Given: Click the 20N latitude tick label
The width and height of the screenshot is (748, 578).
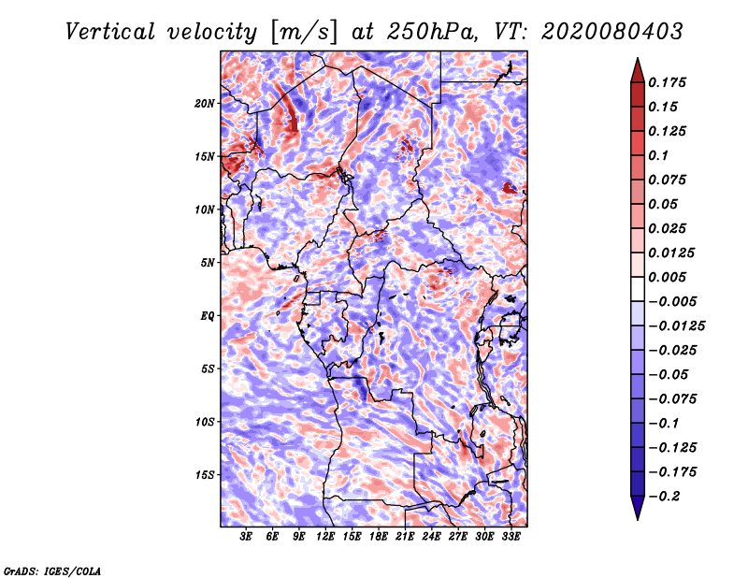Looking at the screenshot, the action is pyautogui.click(x=204, y=103).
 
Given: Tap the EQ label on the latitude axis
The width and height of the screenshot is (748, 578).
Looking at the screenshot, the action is pyautogui.click(x=208, y=315).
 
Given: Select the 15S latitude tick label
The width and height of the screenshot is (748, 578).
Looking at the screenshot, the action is pyautogui.click(x=205, y=475).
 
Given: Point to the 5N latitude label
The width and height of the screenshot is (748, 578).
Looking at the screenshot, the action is pyautogui.click(x=208, y=263).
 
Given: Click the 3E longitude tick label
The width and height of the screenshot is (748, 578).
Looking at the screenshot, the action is pyautogui.click(x=246, y=537).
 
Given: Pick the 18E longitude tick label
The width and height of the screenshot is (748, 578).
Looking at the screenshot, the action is pyautogui.click(x=379, y=537).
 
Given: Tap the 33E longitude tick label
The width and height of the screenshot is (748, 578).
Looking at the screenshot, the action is pyautogui.click(x=511, y=537).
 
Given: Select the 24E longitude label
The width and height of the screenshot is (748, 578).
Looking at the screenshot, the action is pyautogui.click(x=431, y=537).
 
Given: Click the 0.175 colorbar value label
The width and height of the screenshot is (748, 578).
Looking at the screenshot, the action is pyautogui.click(x=667, y=82).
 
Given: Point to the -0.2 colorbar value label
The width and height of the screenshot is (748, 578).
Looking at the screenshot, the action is pyautogui.click(x=664, y=497).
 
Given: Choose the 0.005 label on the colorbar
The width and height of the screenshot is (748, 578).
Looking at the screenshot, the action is pyautogui.click(x=667, y=277).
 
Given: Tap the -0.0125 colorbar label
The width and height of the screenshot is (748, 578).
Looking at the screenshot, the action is pyautogui.click(x=676, y=326).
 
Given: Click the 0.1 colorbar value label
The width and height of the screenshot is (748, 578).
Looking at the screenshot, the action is pyautogui.click(x=658, y=155).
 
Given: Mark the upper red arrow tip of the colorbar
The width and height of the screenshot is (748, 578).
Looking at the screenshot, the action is pyautogui.click(x=638, y=58).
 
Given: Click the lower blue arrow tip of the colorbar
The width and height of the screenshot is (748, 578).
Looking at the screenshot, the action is pyautogui.click(x=638, y=519).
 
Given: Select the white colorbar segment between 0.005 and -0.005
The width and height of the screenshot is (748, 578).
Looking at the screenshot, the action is pyautogui.click(x=638, y=289).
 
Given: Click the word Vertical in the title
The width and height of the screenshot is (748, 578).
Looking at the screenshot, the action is pyautogui.click(x=110, y=32).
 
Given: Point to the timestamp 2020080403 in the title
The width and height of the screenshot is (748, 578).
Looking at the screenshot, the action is pyautogui.click(x=612, y=32).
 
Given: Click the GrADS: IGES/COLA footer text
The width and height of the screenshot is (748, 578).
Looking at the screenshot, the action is pyautogui.click(x=52, y=571).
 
